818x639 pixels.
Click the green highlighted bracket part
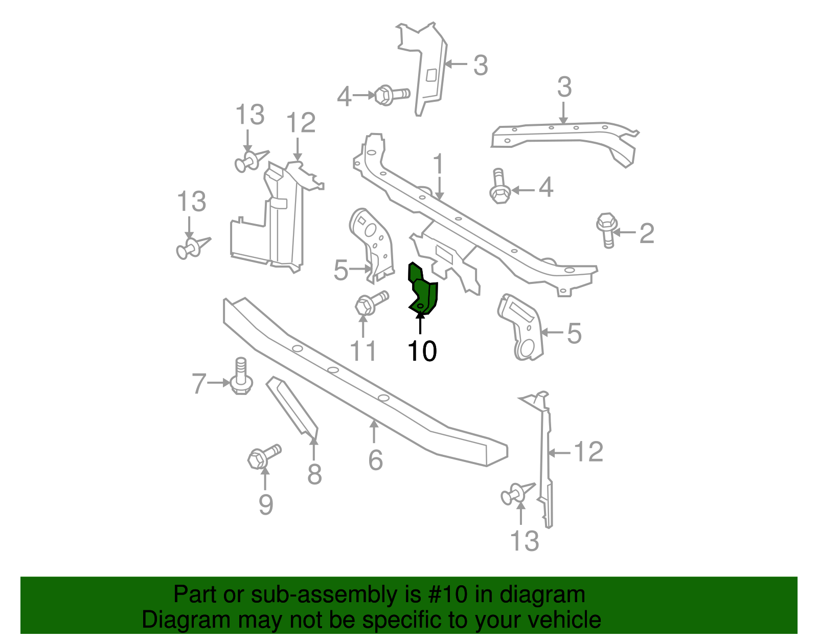(423, 292)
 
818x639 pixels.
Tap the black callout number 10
(422, 351)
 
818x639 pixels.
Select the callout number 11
(363, 351)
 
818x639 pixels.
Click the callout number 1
(439, 165)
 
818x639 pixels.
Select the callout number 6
(375, 460)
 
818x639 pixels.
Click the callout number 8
(314, 474)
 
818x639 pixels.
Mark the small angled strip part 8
(292, 406)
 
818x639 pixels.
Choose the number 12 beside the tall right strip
(588, 452)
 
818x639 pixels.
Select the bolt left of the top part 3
(391, 95)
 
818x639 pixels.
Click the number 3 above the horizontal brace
(564, 87)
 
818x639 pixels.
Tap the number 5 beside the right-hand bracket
(574, 334)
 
